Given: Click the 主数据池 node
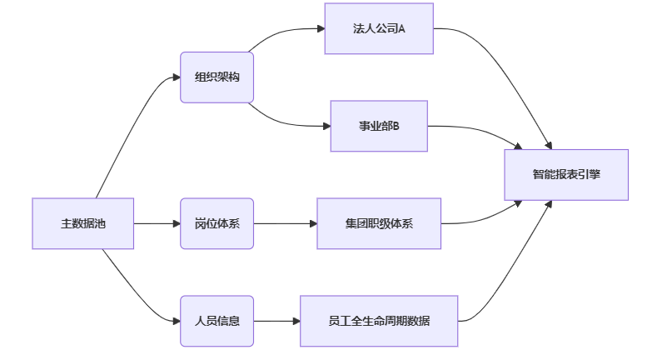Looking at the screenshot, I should (83, 223).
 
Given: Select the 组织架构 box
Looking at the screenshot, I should (217, 77).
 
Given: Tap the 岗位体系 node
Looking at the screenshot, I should (217, 223).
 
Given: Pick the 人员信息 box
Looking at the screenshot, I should (217, 321).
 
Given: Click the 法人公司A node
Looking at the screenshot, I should (379, 29).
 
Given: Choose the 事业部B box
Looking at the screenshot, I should (379, 126).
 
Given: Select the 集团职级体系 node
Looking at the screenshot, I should (379, 223).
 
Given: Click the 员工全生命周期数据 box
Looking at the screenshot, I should (379, 321).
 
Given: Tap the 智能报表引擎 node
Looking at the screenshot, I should (566, 175).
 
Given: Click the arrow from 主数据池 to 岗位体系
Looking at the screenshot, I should (157, 223).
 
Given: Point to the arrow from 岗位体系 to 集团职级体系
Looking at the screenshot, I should (285, 223).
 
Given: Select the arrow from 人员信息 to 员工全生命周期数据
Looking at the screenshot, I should (276, 321).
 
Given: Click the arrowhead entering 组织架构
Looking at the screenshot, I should (177, 77).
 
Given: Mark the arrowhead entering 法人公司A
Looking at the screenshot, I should (320, 29).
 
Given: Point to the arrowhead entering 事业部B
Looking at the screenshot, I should (326, 126).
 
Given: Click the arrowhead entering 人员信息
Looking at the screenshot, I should (177, 321).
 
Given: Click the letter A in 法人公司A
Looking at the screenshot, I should (401, 29).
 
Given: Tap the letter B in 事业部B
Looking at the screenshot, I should (396, 126).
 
